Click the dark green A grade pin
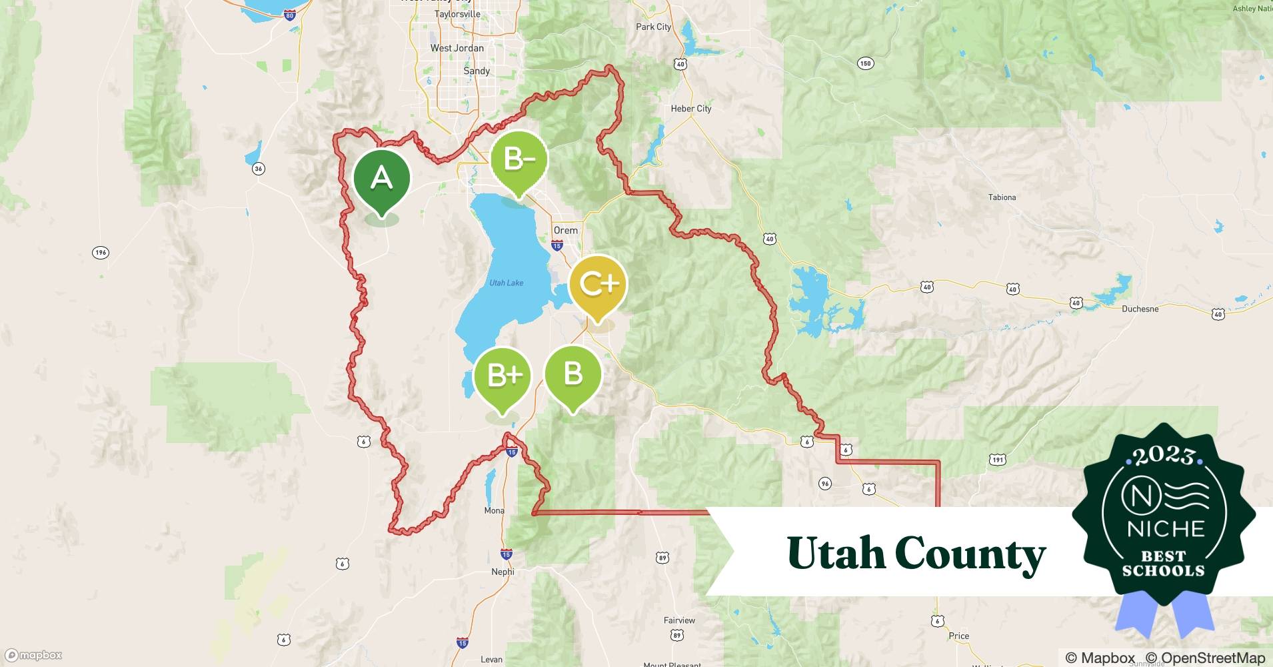tap(381, 179)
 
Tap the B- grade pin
tap(519, 160)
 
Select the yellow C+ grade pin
tap(598, 285)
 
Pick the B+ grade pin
tap(503, 376)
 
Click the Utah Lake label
tap(506, 283)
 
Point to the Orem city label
tap(566, 230)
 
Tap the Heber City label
tap(691, 109)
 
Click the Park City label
tap(653, 27)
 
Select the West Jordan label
tap(457, 48)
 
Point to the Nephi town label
tap(503, 572)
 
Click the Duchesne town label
tap(1140, 309)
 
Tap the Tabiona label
tap(1002, 197)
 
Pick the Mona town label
tap(494, 510)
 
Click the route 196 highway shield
tap(100, 252)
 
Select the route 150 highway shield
tap(864, 64)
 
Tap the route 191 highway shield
tap(997, 460)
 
